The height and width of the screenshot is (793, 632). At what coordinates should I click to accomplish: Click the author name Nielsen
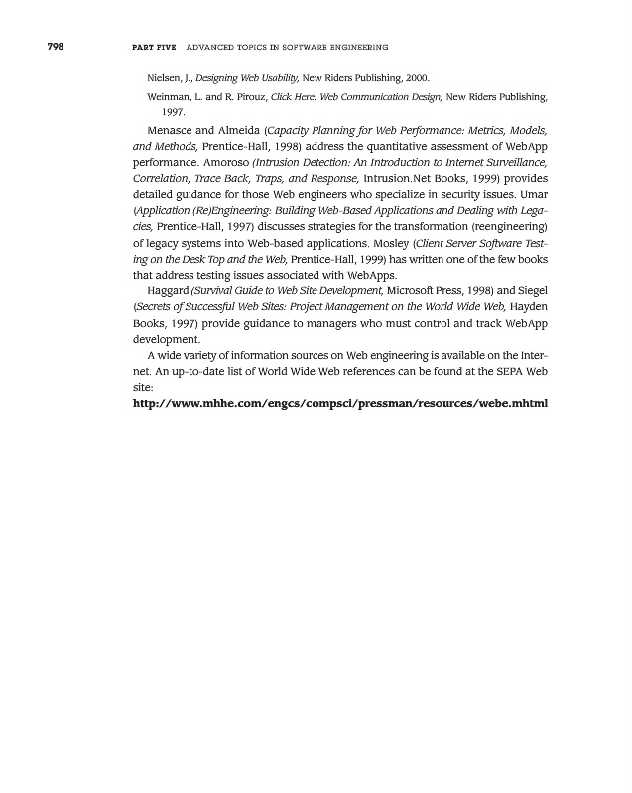point(163,76)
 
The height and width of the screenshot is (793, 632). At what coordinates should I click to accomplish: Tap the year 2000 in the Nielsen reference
point(416,76)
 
